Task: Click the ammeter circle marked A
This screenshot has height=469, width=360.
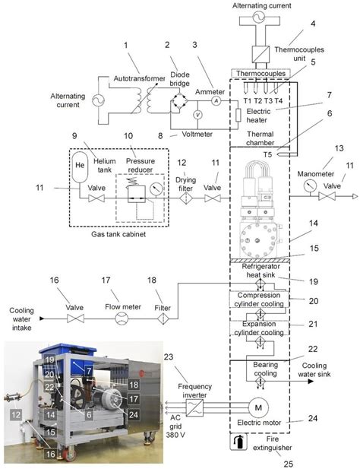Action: click(216, 101)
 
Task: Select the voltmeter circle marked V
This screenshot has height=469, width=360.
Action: click(197, 115)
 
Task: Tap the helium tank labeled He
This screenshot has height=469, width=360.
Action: click(80, 167)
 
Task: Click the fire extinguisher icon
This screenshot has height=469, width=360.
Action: click(238, 442)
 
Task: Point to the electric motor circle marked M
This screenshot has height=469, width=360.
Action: click(258, 407)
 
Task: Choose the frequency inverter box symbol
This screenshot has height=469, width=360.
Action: click(194, 407)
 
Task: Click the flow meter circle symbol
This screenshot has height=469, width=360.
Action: click(122, 318)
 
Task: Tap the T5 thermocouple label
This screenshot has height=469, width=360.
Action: click(267, 154)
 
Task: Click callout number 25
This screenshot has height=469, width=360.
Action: click(288, 464)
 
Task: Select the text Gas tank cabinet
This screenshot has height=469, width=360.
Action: click(118, 234)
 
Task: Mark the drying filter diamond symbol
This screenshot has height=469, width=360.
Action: click(185, 198)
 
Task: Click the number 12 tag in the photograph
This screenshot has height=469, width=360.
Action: click(16, 415)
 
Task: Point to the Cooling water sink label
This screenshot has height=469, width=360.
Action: click(314, 369)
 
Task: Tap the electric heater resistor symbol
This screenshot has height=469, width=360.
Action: click(238, 115)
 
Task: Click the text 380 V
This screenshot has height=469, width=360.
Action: click(175, 434)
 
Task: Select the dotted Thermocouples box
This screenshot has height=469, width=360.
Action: click(261, 73)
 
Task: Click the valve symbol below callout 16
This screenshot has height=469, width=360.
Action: click(75, 318)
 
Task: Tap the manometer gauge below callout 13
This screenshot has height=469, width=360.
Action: click(310, 186)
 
